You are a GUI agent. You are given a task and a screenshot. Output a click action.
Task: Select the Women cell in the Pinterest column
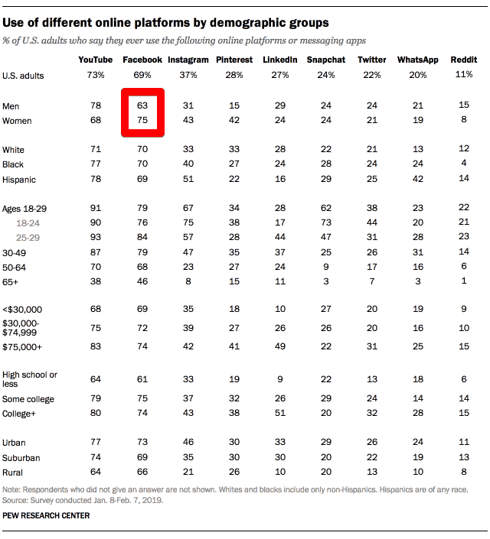234,120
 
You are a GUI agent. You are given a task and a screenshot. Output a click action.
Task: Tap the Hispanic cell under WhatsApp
416,180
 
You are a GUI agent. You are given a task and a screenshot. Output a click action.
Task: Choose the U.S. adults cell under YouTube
96,75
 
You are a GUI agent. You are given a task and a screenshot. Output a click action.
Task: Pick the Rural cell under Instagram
188,472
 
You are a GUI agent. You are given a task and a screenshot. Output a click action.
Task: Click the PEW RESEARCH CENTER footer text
46,516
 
